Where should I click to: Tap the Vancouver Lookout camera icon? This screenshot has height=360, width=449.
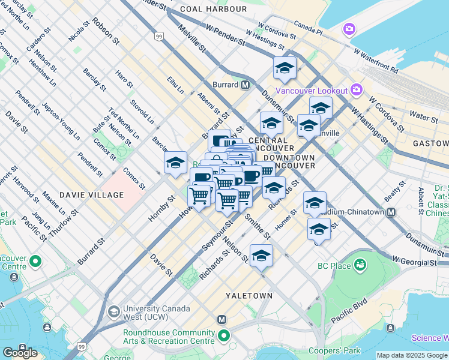click(357, 90)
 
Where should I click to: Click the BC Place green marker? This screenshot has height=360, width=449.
click(360, 265)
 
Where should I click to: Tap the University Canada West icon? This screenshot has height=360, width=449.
click(113, 312)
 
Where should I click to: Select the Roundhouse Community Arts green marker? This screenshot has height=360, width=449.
click(224, 337)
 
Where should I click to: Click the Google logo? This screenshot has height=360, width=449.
click(20, 353)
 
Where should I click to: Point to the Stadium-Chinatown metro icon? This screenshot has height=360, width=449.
click(391, 212)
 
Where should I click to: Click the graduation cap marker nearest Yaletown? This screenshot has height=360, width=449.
click(261, 256)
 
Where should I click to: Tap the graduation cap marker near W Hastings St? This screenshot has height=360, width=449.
click(285, 68)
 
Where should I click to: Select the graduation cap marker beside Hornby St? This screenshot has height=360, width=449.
click(175, 163)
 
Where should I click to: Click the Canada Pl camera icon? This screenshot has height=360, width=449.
click(349, 29)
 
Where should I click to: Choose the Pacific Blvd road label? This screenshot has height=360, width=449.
click(349, 310)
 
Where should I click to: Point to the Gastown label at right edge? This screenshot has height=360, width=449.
click(430, 144)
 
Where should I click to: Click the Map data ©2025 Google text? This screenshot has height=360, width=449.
click(412, 355)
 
